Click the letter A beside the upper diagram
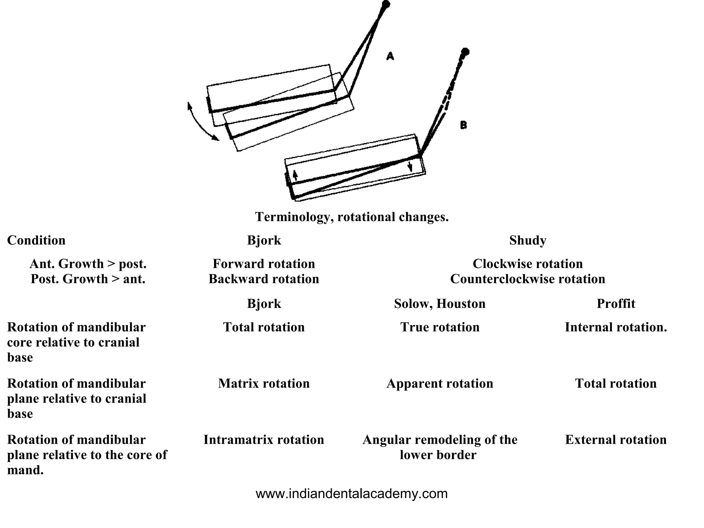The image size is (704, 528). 390,56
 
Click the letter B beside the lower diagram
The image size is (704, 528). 463,125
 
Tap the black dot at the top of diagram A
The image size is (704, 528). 386,4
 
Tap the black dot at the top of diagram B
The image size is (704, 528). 465,52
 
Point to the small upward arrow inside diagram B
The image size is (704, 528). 295,175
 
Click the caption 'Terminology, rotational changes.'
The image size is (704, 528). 352,217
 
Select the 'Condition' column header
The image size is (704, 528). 36,240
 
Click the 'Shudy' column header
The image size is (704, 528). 528,240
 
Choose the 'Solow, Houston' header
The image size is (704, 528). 440,304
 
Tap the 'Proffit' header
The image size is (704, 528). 616,304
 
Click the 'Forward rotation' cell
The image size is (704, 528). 264,264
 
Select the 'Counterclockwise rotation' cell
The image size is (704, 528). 528,279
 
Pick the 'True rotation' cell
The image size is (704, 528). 440,327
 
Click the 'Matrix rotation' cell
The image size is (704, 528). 264,383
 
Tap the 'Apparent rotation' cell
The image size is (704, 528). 440,383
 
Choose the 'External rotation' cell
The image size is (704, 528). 616,440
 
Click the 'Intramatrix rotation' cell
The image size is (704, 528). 264,440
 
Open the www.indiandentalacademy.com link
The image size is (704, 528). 352,494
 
